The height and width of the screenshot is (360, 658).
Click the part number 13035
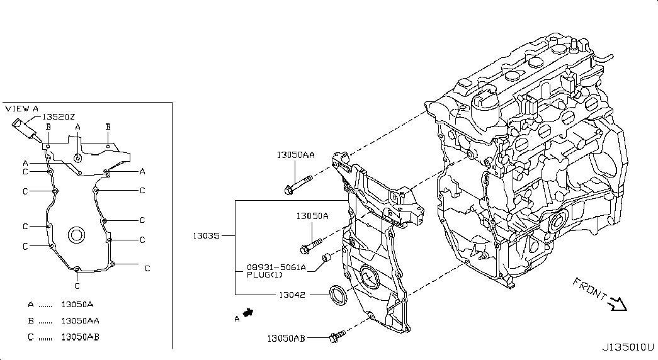click(x=206, y=236)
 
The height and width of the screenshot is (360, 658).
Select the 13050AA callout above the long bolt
click(x=295, y=155)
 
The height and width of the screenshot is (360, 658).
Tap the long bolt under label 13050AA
click(x=298, y=184)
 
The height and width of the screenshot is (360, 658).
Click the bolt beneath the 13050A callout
click(x=311, y=246)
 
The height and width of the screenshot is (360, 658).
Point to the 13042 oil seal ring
click(x=338, y=295)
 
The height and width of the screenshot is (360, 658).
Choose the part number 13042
click(x=292, y=295)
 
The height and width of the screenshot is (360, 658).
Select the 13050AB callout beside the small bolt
click(x=286, y=338)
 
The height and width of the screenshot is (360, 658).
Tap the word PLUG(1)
click(x=264, y=275)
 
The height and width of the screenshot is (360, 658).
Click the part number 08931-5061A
click(x=276, y=267)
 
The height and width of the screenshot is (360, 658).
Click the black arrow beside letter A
click(x=249, y=313)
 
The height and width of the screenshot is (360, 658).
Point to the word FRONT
click(x=589, y=289)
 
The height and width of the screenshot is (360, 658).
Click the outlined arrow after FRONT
click(x=618, y=304)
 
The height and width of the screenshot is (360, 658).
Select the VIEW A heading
click(x=22, y=109)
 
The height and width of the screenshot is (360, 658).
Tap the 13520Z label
click(x=59, y=117)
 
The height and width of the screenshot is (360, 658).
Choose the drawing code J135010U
click(x=628, y=347)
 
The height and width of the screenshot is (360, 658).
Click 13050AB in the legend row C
click(x=80, y=337)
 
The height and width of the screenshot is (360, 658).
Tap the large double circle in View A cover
click(x=76, y=235)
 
